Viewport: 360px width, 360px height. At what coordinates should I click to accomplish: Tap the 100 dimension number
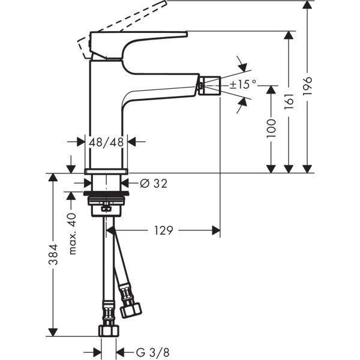(271, 129)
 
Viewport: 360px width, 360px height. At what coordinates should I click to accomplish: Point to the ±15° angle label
(244, 85)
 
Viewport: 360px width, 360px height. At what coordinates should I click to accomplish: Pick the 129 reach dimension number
(164, 230)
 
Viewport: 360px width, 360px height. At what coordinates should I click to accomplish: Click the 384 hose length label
(53, 255)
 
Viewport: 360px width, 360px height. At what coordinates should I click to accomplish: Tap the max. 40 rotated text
(73, 233)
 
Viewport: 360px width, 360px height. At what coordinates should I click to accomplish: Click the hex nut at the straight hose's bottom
(109, 332)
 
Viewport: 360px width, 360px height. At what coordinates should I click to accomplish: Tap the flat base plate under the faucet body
(107, 172)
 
